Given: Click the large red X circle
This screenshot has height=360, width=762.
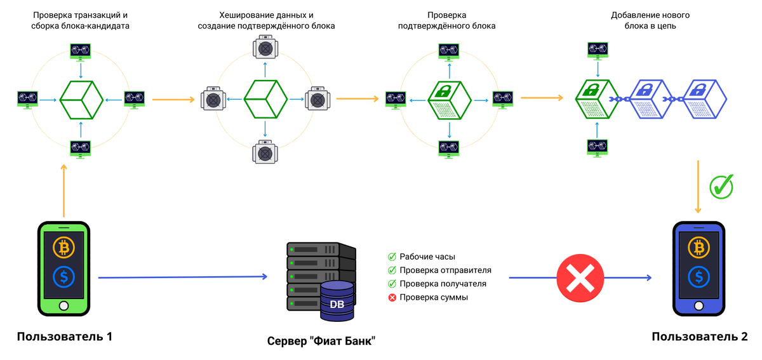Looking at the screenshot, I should point(580,277).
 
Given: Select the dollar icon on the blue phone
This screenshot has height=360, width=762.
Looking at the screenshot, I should point(699,276).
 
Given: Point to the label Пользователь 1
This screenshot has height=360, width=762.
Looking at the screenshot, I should point(65,337).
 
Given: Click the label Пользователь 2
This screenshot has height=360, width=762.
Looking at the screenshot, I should point(699,337).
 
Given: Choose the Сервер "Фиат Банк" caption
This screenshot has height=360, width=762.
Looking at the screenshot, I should point(321,341).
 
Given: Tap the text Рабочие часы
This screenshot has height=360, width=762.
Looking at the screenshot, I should point(427,257).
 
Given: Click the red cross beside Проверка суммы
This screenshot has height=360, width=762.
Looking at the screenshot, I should point(392,297).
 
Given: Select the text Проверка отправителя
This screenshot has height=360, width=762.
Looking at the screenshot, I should point(445,270).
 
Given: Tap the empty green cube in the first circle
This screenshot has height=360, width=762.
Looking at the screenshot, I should point(81,99).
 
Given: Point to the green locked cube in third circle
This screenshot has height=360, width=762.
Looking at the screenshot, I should point(450,100).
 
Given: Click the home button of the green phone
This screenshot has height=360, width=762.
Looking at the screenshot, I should point(63,306).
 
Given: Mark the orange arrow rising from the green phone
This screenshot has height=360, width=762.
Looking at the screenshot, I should point(63,190).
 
